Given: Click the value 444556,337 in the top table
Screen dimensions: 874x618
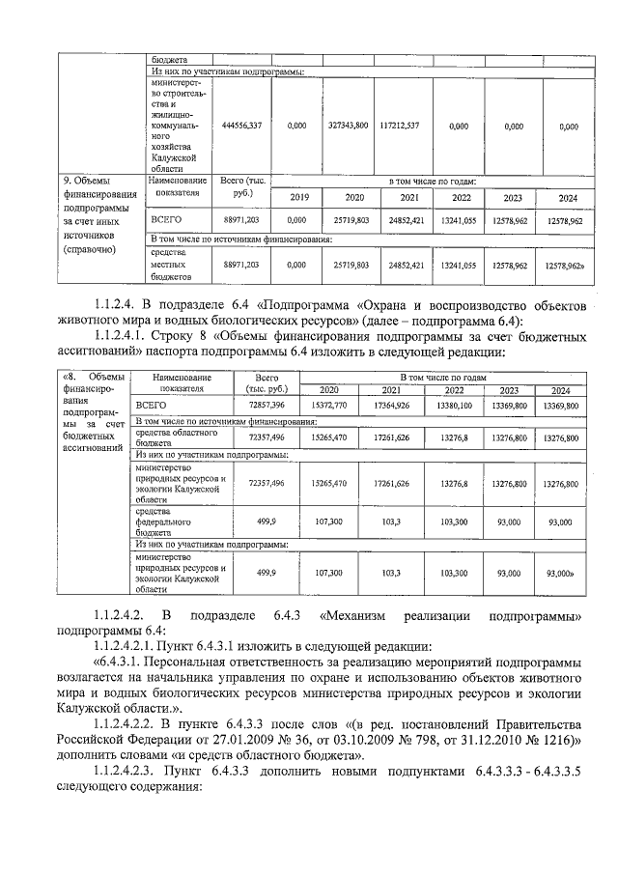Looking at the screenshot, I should [x=241, y=126].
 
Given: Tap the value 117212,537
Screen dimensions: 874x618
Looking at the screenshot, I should [x=400, y=126].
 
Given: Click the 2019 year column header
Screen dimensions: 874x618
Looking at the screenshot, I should [x=296, y=197].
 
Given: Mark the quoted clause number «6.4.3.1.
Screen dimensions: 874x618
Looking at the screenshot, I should [x=122, y=662].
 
